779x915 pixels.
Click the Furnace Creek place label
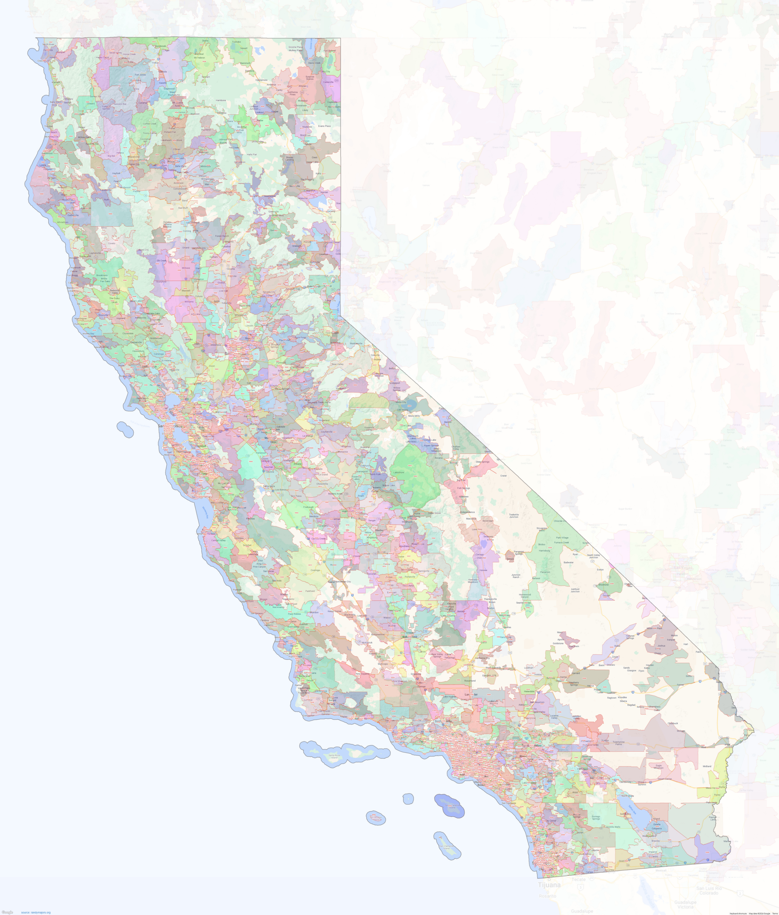click(x=561, y=542)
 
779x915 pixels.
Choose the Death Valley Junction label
click(x=593, y=556)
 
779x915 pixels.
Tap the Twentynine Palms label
click(x=618, y=743)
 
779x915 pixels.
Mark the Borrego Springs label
click(x=596, y=818)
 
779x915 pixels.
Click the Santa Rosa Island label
click(x=334, y=756)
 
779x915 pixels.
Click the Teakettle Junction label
click(x=513, y=515)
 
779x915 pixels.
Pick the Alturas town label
click(x=303, y=86)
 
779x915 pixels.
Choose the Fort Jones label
click(x=140, y=75)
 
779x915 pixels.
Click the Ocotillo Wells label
click(x=613, y=827)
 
